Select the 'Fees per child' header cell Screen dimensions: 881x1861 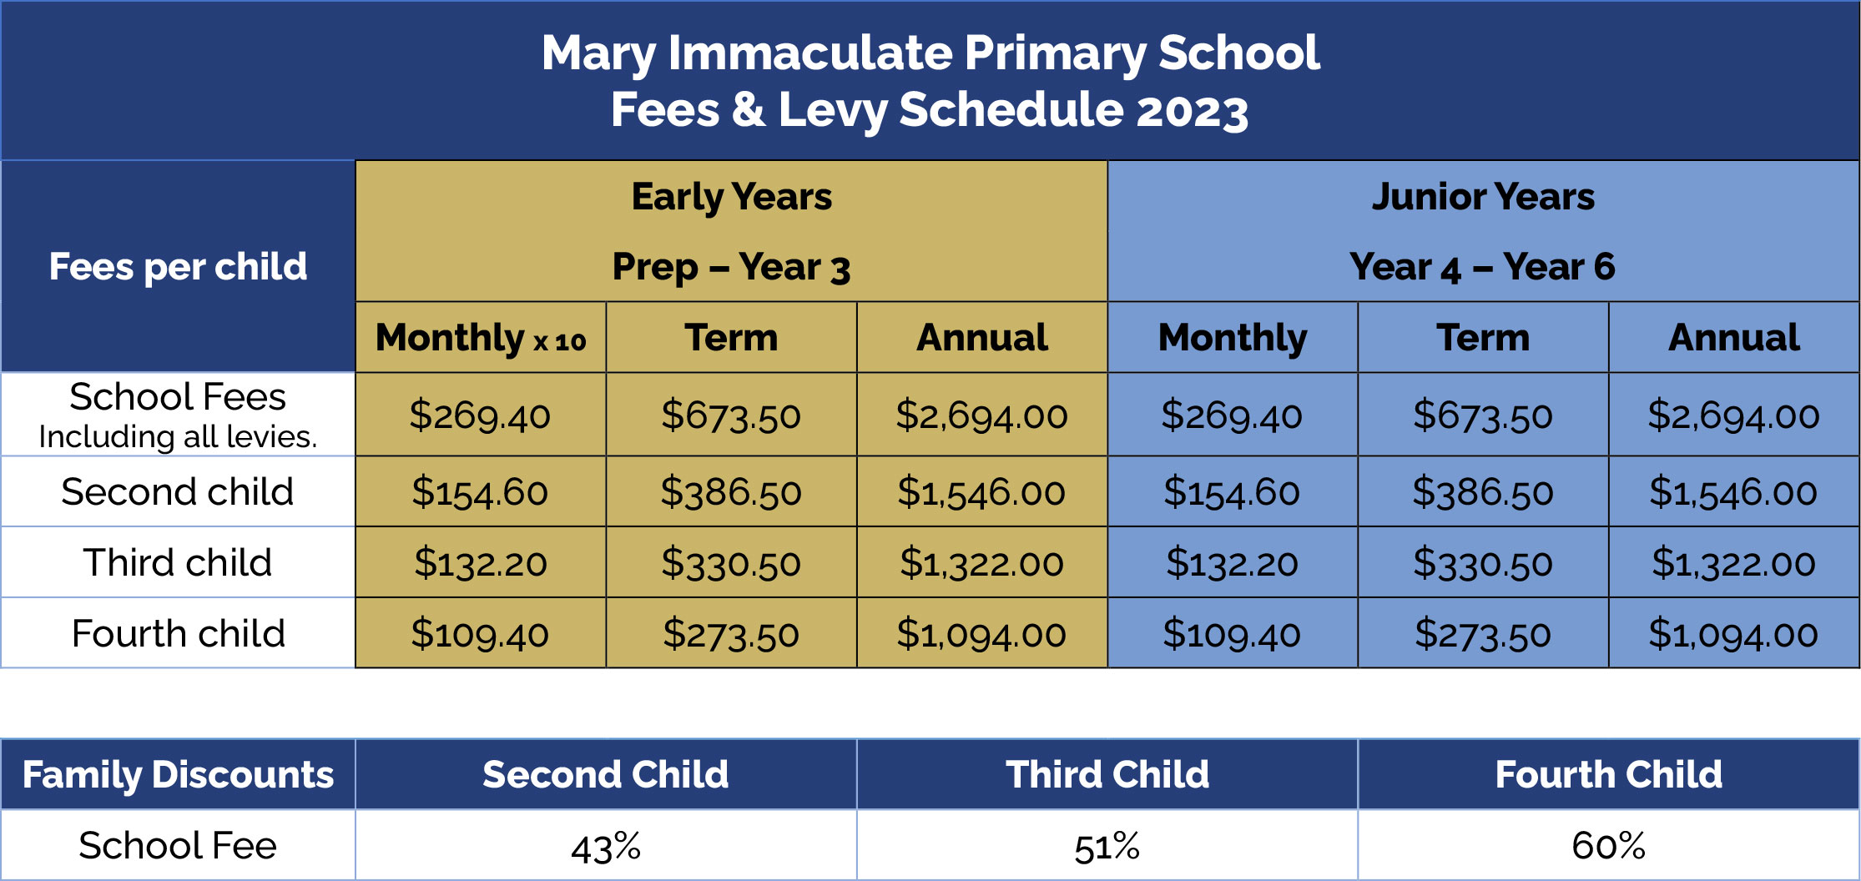coord(178,267)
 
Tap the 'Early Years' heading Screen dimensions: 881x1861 coord(731,197)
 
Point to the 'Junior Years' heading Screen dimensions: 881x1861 coord(1483,197)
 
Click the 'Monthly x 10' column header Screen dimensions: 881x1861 coord(481,338)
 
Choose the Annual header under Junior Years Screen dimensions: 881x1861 coord(1733,338)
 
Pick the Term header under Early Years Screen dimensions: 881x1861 coord(731,338)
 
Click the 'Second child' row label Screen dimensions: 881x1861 coord(178,491)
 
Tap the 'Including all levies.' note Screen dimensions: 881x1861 coord(178,437)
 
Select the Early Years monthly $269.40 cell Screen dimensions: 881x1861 coord(480,415)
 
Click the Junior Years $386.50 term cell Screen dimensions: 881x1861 coord(1482,491)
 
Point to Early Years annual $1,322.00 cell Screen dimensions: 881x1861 coord(981,562)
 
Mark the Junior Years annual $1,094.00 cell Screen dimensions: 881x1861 coord(1733,634)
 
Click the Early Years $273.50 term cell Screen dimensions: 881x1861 coord(731,634)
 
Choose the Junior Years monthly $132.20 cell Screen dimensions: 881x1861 coord(1232,562)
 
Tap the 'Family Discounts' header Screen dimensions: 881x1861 coord(178,775)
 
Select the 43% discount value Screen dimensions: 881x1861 coord(606,847)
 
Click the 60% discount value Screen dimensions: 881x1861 coord(1608,846)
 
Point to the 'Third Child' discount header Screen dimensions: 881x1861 coord(1107,775)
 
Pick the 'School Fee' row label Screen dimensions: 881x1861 coord(178,846)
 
